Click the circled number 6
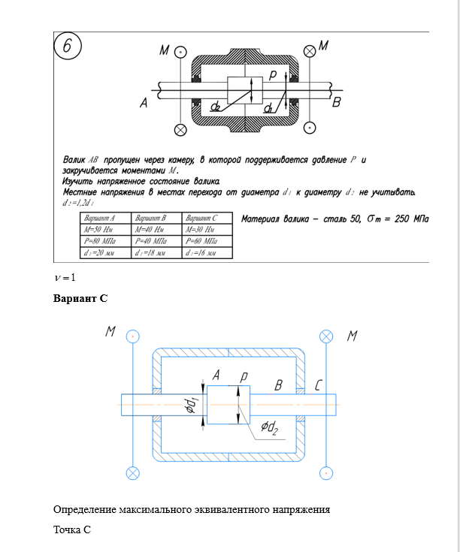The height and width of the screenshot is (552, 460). (68, 47)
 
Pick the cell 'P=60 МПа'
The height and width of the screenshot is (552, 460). (205, 241)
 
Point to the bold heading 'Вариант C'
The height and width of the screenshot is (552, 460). (80, 298)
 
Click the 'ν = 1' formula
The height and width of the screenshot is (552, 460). (65, 278)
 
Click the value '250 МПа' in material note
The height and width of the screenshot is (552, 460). (412, 219)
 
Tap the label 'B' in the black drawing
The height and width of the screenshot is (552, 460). (337, 101)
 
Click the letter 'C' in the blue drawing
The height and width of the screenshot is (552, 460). (319, 386)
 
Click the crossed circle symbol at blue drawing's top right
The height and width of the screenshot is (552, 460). (326, 336)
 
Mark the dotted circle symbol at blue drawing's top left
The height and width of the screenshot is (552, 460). (132, 336)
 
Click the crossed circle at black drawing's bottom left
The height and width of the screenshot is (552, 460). (180, 130)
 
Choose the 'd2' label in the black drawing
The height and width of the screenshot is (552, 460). (216, 107)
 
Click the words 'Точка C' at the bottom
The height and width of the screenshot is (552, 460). (72, 529)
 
